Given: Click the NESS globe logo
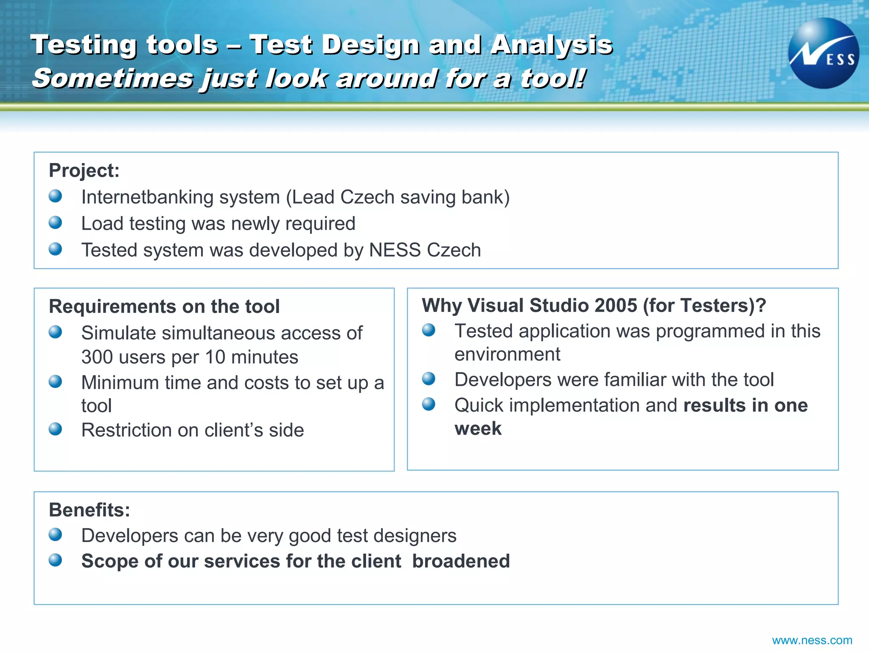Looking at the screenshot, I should [823, 53].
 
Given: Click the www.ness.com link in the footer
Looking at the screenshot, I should [812, 640].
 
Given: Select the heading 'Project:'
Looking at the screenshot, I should [84, 171].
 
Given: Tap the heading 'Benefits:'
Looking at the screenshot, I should [89, 510].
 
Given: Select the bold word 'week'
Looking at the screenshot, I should [478, 429].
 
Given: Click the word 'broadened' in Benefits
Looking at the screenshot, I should [461, 561].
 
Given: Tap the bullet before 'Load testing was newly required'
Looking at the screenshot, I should [55, 222].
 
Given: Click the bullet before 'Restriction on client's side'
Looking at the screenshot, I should [55, 429].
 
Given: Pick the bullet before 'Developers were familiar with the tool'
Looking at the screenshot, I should [429, 378].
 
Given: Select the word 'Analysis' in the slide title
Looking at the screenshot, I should [551, 45].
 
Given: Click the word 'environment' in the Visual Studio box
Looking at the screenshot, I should [507, 354].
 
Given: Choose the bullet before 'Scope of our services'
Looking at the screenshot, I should [55, 560].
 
